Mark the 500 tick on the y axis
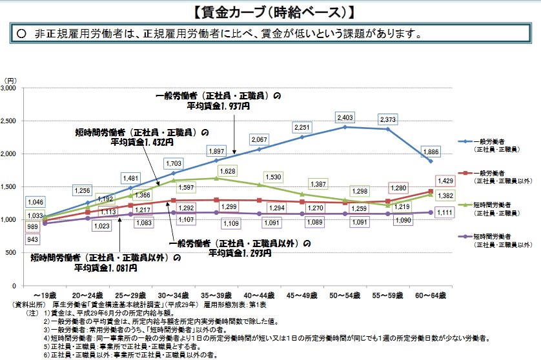point(16,253)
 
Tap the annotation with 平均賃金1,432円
point(141,136)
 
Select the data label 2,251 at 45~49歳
point(302,127)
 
